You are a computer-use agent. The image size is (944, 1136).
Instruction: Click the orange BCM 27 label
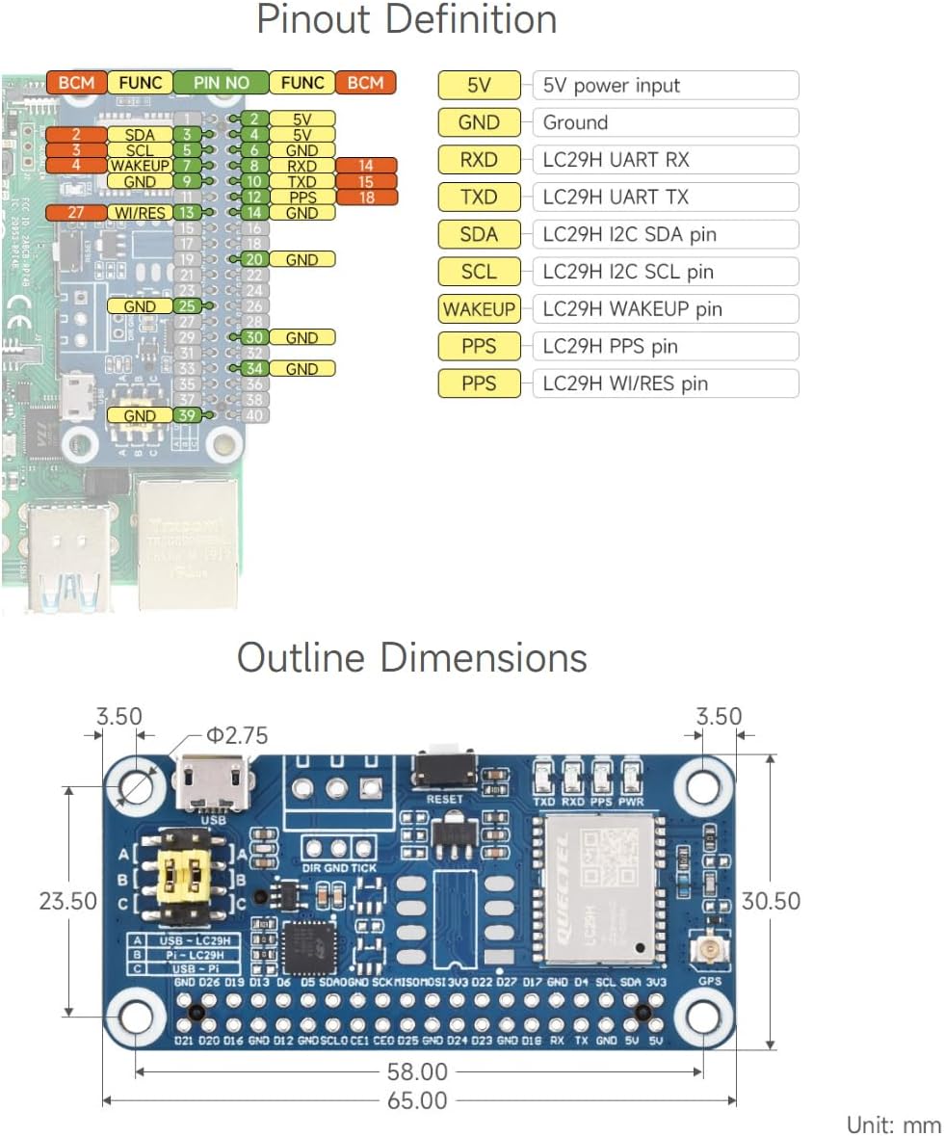click(76, 212)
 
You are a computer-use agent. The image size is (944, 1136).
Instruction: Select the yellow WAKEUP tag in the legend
click(479, 309)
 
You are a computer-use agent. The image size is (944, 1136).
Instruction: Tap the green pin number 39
click(188, 415)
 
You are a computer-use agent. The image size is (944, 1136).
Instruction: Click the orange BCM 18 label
click(365, 197)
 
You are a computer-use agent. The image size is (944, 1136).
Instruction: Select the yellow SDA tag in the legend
click(479, 234)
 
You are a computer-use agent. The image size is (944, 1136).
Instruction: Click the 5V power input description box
click(665, 86)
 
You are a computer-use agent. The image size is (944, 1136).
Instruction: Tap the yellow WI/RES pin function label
click(140, 212)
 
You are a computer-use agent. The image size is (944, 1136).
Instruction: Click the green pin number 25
click(188, 306)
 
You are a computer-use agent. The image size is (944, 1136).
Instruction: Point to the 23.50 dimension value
click(67, 901)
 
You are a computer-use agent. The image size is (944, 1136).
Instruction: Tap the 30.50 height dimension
click(772, 901)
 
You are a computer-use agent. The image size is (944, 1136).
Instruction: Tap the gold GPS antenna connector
click(710, 953)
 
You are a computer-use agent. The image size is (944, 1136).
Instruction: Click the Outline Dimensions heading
click(411, 658)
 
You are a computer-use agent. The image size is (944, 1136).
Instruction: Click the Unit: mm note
click(892, 1124)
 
